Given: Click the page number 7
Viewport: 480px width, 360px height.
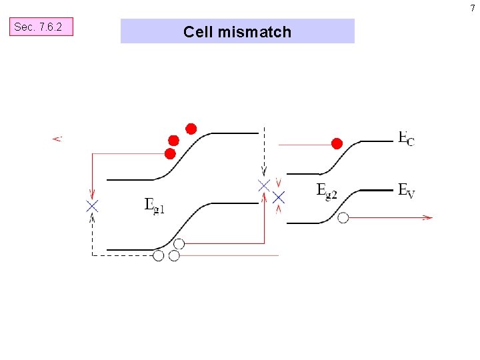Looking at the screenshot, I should [473, 8].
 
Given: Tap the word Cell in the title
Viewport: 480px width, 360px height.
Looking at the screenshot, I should [197, 32].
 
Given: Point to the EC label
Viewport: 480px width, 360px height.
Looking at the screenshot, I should [405, 139].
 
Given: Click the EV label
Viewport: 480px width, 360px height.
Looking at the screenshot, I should [406, 191].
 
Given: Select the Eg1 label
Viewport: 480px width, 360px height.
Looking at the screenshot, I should [154, 205].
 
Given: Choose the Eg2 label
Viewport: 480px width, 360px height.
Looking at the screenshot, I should [326, 191].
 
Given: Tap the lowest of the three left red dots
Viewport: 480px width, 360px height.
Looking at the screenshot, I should [170, 154].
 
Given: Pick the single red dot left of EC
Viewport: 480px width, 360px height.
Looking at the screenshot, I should [337, 143].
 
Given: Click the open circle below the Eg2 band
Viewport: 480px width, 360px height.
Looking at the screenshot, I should [343, 217].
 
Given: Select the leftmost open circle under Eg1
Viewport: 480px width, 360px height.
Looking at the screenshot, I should [158, 255].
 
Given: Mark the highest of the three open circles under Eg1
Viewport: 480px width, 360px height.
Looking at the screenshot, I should [179, 244].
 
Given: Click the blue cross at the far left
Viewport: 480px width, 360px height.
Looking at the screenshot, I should [92, 206].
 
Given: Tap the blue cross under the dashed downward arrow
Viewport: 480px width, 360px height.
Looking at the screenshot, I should [264, 185].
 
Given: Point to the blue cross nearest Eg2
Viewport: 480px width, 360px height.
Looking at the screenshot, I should [279, 197].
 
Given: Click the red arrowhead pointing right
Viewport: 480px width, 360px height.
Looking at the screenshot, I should [427, 217].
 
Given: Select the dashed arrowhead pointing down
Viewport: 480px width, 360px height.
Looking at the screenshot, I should [264, 169].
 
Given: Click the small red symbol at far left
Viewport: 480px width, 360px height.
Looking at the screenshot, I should [57, 139].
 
